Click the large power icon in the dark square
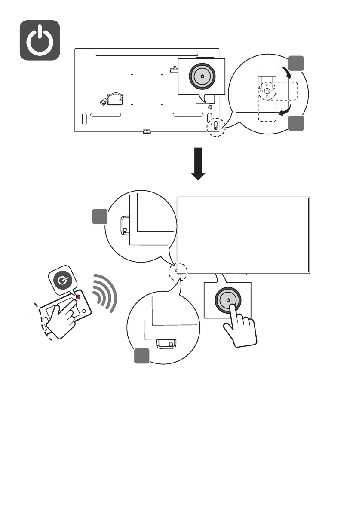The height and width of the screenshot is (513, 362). coord(40,40)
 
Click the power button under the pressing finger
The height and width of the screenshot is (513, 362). coord(228,300)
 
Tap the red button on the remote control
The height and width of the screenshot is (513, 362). coord(78,297)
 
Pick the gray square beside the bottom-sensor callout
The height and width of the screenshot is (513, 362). coord(142,356)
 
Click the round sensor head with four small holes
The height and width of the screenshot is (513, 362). coord(267,91)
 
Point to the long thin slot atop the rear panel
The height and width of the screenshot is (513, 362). coord(147,55)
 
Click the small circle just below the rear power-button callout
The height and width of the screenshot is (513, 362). coord(210,107)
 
